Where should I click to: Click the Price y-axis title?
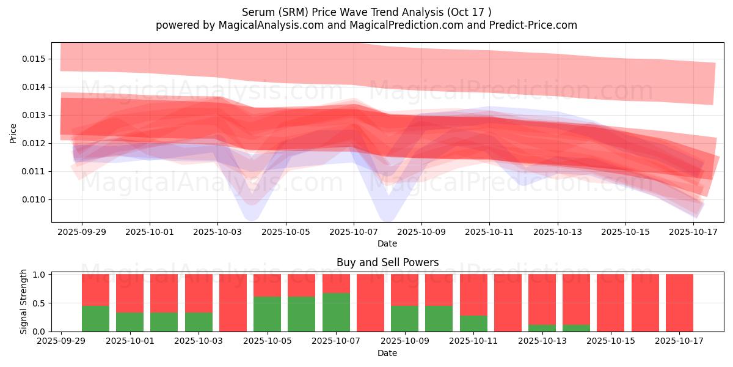tap(13, 133)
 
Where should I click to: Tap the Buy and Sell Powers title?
tap(387, 262)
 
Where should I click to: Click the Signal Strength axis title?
tap(23, 302)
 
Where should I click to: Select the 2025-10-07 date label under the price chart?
tap(353, 232)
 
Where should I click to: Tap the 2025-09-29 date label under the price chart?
tap(82, 232)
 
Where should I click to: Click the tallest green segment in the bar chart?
tap(336, 312)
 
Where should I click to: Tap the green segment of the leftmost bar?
tap(95, 318)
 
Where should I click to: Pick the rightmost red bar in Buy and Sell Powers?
tap(679, 303)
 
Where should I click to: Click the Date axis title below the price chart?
tap(387, 243)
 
